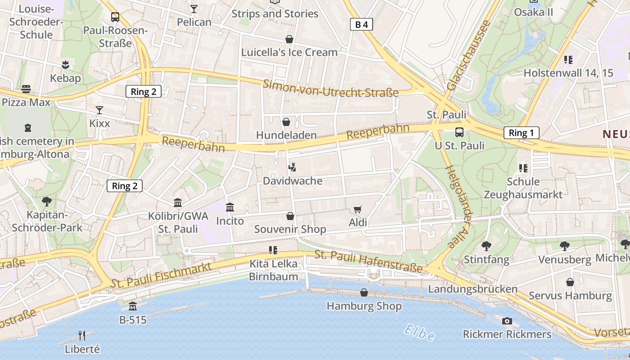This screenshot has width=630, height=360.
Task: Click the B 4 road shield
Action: [x=361, y=24]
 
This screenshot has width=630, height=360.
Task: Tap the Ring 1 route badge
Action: [x=521, y=133]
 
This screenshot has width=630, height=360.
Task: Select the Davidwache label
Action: [x=292, y=181]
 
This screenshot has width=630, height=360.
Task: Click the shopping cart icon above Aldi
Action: [x=358, y=209]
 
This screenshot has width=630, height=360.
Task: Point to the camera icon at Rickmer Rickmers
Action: [x=507, y=321]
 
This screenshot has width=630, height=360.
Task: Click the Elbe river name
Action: [x=419, y=333]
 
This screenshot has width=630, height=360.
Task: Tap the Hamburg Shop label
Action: [x=364, y=306]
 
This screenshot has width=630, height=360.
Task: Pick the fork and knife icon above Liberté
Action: [x=82, y=335]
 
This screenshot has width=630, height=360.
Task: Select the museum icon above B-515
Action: [x=133, y=306]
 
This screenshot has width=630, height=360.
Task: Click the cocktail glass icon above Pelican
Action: [x=194, y=9]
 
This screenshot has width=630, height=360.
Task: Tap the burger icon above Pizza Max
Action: [x=26, y=89]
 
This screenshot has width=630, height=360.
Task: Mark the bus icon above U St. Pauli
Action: [x=459, y=132]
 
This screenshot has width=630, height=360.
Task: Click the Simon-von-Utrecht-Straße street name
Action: [x=331, y=88]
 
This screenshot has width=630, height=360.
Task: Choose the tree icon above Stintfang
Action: [x=486, y=246]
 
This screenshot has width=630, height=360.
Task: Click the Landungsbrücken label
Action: [x=472, y=289]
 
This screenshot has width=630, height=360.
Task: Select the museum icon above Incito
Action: [x=230, y=207]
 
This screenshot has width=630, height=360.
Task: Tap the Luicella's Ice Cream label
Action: [x=289, y=52]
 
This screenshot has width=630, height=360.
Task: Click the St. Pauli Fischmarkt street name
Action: [x=161, y=274]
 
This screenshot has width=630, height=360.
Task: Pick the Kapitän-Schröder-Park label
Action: [x=47, y=221]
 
